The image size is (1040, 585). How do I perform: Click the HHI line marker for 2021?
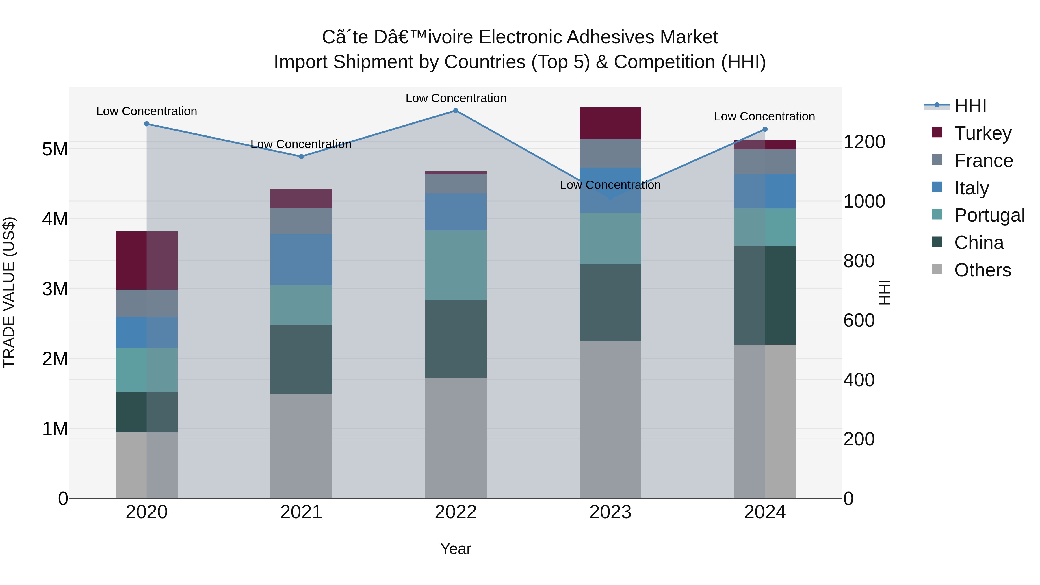point(301,156)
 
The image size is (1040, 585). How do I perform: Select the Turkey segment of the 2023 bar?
point(610,123)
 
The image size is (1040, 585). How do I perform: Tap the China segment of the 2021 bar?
point(301,359)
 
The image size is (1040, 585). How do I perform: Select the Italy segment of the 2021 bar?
point(301,260)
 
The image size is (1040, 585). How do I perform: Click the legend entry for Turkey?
point(982,133)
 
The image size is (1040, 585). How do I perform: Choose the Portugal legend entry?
point(989,215)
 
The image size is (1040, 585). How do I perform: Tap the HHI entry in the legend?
point(970,106)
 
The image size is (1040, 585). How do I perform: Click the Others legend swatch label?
point(982,270)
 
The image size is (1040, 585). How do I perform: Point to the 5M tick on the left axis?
point(55,149)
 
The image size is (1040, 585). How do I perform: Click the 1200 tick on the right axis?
point(864,142)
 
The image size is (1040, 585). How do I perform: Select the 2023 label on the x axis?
point(610,512)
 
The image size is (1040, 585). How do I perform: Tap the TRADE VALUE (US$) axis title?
point(9,292)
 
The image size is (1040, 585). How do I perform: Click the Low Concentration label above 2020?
point(146,112)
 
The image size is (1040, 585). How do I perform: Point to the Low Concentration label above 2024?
point(764,117)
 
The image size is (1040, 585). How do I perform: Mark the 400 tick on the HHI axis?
point(859,380)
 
